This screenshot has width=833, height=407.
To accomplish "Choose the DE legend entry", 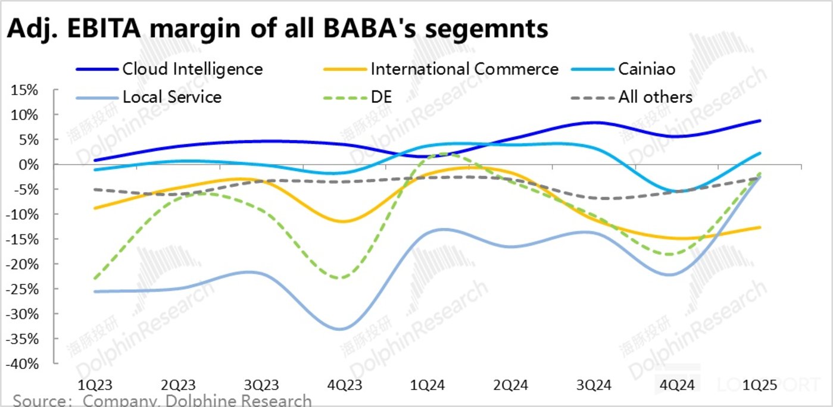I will click(381, 97).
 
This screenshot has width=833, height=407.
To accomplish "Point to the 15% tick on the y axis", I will click(24, 90).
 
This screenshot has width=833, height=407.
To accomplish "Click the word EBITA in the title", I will click(104, 28).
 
